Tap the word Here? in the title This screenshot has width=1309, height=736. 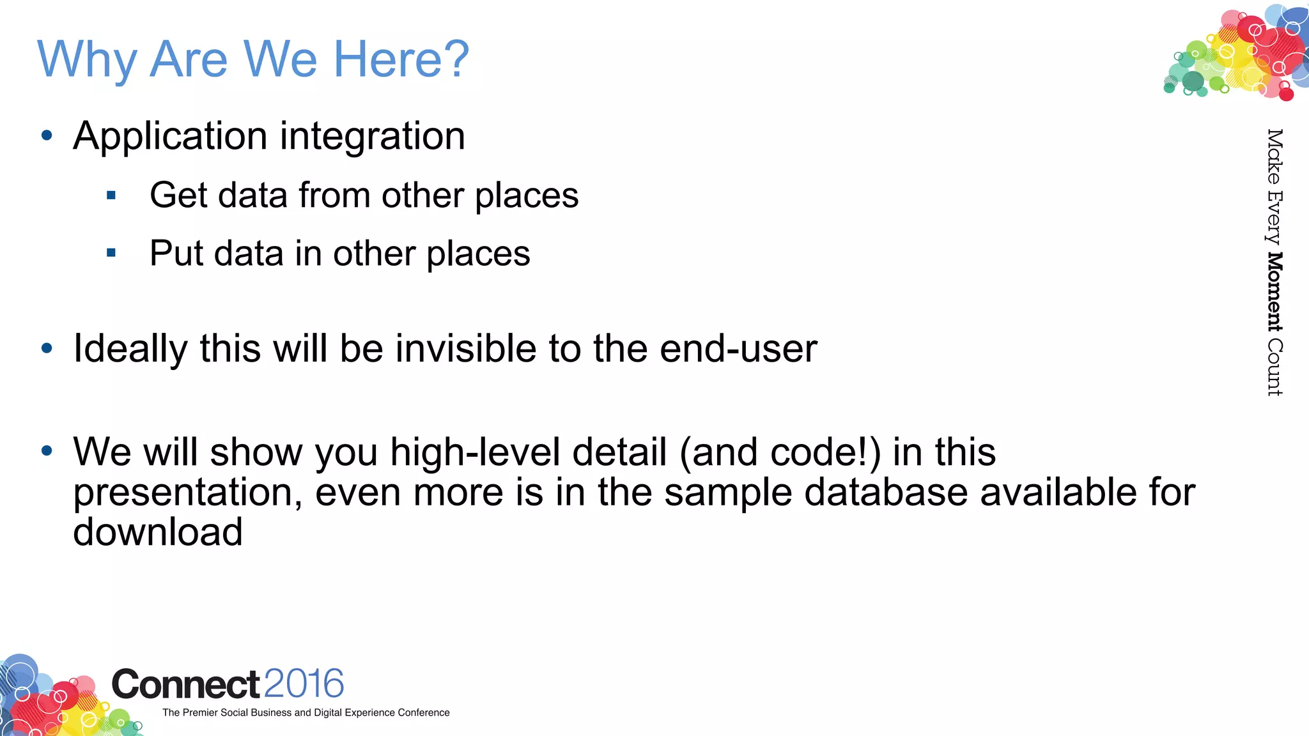(401, 59)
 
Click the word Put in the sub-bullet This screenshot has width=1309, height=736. (176, 253)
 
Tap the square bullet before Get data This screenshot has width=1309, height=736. (111, 195)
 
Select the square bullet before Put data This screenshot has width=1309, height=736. (111, 253)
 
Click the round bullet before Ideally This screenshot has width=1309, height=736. (47, 348)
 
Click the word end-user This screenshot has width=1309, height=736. (738, 349)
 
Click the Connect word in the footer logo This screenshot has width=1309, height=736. (185, 684)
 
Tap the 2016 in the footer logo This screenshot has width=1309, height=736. (304, 684)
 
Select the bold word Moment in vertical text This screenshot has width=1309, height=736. (1274, 292)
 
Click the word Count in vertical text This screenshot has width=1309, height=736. (1274, 367)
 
